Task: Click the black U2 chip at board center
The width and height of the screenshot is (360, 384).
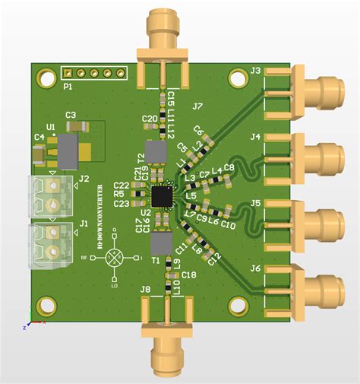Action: [x=161, y=196]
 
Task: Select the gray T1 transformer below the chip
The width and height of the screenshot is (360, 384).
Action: [x=160, y=243]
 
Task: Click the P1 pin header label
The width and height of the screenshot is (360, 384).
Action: [x=68, y=86]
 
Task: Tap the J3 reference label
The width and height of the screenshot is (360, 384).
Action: [x=256, y=71]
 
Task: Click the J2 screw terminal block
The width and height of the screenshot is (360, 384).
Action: [x=52, y=195]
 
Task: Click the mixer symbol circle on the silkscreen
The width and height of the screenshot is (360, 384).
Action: [x=115, y=258]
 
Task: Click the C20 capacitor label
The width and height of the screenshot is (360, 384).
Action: [x=150, y=119]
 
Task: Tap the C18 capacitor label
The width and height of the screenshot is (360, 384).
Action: [x=189, y=275]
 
